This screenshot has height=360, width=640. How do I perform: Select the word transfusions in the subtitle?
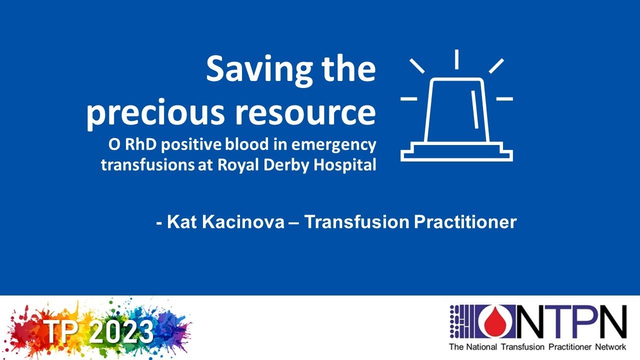[x=143, y=165]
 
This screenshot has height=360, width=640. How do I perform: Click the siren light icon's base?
[x=456, y=152]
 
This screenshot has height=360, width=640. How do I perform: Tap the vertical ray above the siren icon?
[x=456, y=59]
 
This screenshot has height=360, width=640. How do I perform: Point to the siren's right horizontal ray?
[x=504, y=98]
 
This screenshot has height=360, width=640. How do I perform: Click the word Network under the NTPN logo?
[x=608, y=347]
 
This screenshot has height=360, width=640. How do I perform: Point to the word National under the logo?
[x=481, y=347]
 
